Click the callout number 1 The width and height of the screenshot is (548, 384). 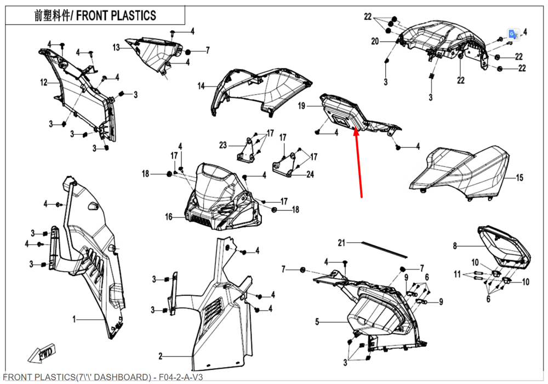tap(75, 318)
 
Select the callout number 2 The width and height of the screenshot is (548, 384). tap(161, 357)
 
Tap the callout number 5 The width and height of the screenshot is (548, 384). tap(317, 322)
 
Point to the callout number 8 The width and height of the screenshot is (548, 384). tap(454, 247)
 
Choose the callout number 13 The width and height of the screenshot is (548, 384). tap(116, 48)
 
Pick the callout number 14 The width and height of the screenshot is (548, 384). tap(201, 86)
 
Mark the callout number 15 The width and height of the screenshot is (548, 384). tap(520, 177)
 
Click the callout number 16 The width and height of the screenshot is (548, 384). tap(169, 217)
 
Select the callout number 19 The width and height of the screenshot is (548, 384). tap(301, 106)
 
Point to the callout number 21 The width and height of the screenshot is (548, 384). tap(341, 242)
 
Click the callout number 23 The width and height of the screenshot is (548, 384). tap(223, 145)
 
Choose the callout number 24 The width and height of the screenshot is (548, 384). tap(310, 175)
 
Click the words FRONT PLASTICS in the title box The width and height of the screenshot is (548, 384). tap(116, 16)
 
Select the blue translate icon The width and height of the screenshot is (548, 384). tap(513, 34)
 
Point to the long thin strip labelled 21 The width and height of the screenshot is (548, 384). tap(384, 249)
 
